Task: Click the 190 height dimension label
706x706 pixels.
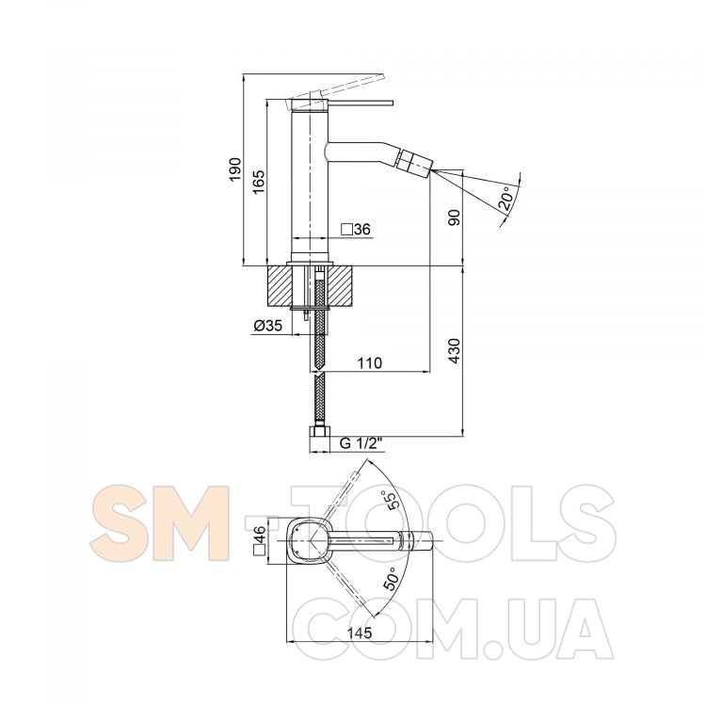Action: coord(235,169)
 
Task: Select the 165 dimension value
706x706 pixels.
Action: coord(259,182)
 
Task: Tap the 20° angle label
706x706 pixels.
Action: coord(506,198)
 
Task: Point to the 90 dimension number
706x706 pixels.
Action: coord(455,217)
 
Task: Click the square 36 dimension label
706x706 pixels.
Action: coord(356,230)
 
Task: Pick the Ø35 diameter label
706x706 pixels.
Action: coord(268,325)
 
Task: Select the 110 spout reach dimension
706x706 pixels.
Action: coord(369,362)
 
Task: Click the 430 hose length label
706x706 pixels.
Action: coord(455,351)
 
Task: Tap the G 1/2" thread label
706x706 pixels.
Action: coord(361,443)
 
